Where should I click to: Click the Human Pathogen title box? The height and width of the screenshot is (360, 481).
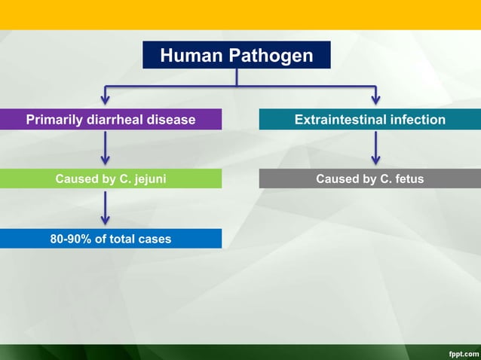click(x=236, y=55)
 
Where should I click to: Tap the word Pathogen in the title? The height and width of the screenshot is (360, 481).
click(x=274, y=55)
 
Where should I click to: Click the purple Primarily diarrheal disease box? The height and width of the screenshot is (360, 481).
click(x=111, y=119)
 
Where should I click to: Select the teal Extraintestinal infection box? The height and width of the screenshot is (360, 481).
click(x=369, y=119)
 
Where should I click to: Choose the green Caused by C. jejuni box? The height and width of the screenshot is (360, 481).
click(x=111, y=178)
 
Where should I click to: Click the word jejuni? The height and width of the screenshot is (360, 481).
click(x=149, y=178)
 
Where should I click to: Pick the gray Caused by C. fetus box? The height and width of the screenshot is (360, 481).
click(x=369, y=178)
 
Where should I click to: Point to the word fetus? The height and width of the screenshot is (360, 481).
click(x=408, y=178)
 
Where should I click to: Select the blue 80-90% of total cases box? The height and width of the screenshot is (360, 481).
click(x=111, y=239)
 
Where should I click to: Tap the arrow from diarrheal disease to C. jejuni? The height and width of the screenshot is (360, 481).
click(x=106, y=148)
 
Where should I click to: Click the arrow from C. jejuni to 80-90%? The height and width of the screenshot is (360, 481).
click(x=106, y=207)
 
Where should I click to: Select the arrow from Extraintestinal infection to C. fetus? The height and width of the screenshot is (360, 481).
click(x=375, y=148)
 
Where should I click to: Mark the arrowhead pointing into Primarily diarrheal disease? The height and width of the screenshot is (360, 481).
click(x=106, y=100)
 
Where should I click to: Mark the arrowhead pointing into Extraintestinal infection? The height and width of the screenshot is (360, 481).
click(x=375, y=100)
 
